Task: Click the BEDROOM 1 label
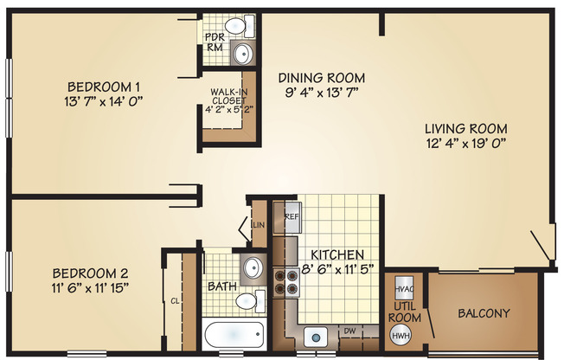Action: pos(104,87)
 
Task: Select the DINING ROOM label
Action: pos(321,77)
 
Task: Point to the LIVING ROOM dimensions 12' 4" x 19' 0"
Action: pos(465,144)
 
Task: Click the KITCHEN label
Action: pos(336,255)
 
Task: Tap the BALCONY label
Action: pos(483,313)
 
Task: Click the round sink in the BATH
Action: pos(252,267)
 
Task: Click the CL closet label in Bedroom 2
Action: pos(175,301)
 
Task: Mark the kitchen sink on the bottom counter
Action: pos(316,335)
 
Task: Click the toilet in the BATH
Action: pos(248,301)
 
